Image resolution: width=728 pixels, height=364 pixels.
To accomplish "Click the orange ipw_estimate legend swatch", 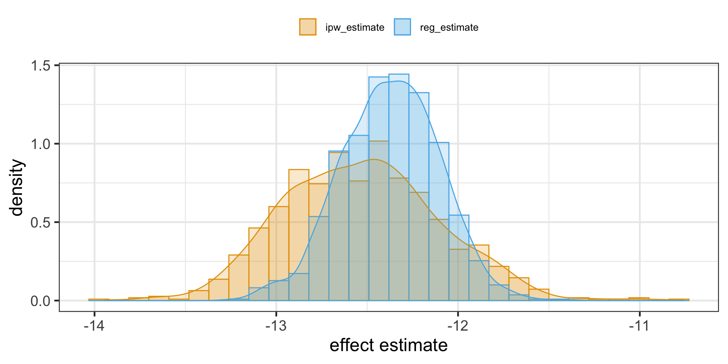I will click(x=308, y=27).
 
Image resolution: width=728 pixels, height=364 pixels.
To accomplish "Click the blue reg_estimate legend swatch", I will click(x=402, y=27).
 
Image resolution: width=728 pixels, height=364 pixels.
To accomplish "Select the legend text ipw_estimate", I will click(x=355, y=28).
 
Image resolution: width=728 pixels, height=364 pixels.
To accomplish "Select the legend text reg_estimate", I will click(x=449, y=28).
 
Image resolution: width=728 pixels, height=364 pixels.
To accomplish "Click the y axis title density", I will click(x=17, y=188).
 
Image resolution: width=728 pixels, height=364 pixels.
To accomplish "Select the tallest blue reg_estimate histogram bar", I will click(x=399, y=190).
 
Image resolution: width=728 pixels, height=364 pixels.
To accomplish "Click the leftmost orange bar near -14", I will click(x=99, y=300).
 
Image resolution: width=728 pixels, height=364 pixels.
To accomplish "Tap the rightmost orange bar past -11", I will click(x=679, y=300).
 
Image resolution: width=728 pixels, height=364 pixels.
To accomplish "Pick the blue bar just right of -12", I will click(x=459, y=258).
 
